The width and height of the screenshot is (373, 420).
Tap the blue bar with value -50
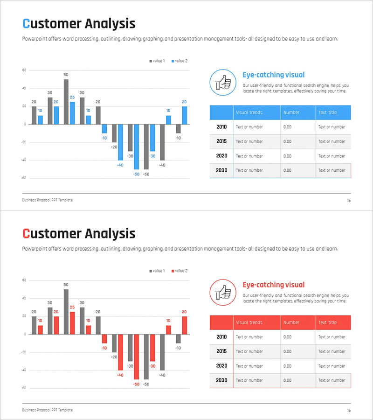[137, 147]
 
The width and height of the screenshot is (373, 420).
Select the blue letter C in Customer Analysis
[26, 24]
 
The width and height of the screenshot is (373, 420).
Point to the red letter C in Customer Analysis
[26, 234]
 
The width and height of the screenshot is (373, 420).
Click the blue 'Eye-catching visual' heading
[274, 75]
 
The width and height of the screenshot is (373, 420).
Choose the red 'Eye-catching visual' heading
[274, 285]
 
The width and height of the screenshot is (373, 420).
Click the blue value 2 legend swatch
[173, 61]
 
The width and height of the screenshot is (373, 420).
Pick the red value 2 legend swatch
[173, 271]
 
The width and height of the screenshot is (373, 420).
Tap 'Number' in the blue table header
[291, 112]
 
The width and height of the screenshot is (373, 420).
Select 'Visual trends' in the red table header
[249, 322]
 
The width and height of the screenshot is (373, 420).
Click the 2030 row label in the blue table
[221, 170]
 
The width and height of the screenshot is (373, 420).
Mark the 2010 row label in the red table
[221, 337]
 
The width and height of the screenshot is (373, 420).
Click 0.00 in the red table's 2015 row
[287, 351]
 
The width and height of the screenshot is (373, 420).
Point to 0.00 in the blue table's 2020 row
[287, 156]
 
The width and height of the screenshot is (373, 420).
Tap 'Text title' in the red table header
[327, 322]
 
